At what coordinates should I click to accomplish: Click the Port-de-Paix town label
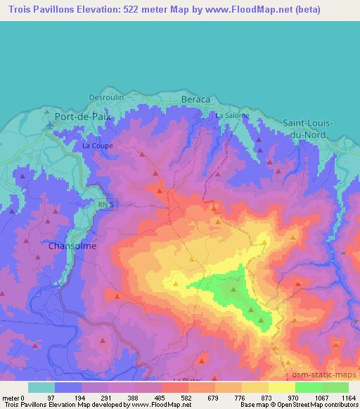[x=83, y=116]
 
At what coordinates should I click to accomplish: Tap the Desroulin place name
[x=106, y=97]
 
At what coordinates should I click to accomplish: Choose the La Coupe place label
[x=97, y=146]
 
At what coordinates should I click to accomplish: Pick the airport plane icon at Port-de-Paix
[x=50, y=126]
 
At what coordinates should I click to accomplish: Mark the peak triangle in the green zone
[x=235, y=287]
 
